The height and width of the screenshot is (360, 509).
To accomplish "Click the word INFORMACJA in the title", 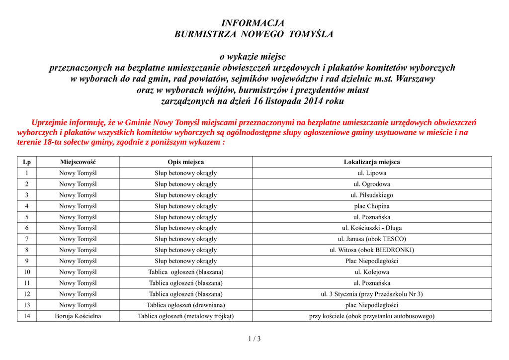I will [x=253, y=23].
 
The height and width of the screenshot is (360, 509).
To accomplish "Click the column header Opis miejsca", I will [x=185, y=162].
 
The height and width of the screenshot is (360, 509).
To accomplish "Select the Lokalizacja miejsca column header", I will [x=372, y=162].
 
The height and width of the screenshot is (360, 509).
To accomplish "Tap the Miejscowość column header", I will [x=78, y=162].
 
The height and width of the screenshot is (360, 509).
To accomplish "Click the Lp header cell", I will [x=27, y=162].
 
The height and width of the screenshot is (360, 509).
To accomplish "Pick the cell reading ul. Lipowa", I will [x=372, y=173].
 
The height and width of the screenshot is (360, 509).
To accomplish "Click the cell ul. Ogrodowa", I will [x=372, y=184].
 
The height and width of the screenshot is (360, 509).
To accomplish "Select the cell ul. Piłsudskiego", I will [x=372, y=195].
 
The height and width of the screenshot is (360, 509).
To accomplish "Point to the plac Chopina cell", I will [x=372, y=206].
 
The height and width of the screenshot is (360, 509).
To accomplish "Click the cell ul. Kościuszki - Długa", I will [x=372, y=228].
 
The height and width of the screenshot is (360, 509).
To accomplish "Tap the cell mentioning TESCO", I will [x=372, y=239].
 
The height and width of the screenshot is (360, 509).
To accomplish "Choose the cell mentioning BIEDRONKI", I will [x=372, y=250].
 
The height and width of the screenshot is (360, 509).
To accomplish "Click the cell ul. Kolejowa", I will [x=372, y=272].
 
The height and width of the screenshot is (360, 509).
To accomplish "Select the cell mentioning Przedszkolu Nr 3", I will [x=372, y=294].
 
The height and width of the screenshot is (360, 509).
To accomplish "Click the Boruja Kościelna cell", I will [x=78, y=316].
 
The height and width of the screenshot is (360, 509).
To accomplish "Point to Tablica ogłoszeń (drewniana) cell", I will [x=185, y=305].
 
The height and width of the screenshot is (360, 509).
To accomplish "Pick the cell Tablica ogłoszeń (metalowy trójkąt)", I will [x=185, y=316].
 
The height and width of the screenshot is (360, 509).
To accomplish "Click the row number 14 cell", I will [x=27, y=316].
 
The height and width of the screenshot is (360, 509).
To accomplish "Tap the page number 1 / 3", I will [x=254, y=339].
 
